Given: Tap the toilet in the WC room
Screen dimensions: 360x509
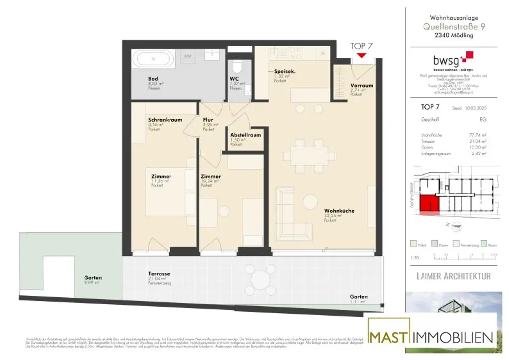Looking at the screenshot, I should [237, 66].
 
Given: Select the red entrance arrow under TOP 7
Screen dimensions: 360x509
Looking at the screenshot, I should [361, 55].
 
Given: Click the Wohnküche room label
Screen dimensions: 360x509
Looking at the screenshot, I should [339, 211].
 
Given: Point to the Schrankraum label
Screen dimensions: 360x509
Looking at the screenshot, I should [165, 120].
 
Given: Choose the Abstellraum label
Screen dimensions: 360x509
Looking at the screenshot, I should [246, 135].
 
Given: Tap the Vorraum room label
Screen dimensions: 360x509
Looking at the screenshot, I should [361, 85].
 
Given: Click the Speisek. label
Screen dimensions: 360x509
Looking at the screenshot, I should [285, 72].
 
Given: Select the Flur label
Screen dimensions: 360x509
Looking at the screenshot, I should [208, 120].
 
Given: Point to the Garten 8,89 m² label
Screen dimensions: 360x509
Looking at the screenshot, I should [93, 278].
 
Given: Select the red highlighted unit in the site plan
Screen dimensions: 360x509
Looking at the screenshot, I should [428, 204].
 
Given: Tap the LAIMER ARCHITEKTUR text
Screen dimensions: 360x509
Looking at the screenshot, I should [453, 276].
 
